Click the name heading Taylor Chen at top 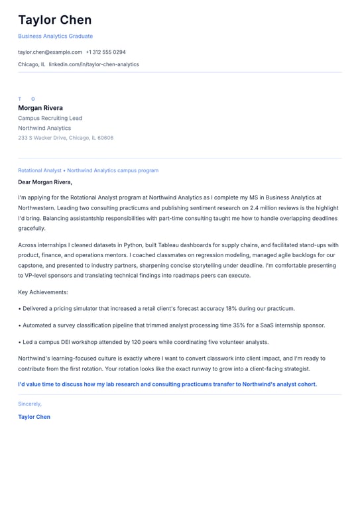point(55,20)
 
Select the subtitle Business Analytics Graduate point(56,36)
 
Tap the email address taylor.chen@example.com point(50,52)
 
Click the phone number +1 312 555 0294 point(105,52)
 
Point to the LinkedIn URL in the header point(93,64)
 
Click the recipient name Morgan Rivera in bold point(40,108)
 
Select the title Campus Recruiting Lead point(50,118)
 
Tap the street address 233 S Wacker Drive point(42,138)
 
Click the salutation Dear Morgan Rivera point(45,182)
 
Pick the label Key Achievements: point(43,292)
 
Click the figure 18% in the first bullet point(213,308)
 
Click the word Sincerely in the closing point(29,404)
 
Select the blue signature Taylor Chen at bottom point(34,417)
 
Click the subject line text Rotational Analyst point(39,170)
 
